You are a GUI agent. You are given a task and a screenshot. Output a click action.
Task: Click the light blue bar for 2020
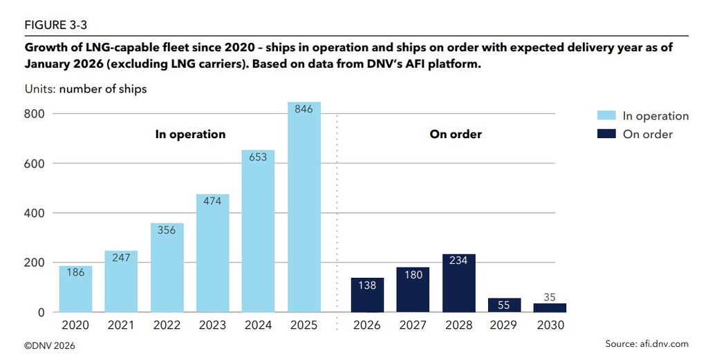pos(75,290)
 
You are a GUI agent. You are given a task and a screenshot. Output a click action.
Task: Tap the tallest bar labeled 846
pos(304,207)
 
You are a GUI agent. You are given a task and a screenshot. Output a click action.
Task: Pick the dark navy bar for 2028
pos(458,283)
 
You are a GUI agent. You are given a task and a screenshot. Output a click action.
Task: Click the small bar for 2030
pos(550,307)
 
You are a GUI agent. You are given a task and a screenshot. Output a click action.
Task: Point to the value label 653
pos(258,157)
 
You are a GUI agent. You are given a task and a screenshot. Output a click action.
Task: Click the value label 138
pos(367,285)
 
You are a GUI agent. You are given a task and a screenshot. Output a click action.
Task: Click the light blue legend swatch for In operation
pos(606,116)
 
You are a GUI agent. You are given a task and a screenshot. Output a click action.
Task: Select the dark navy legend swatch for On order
pos(606,134)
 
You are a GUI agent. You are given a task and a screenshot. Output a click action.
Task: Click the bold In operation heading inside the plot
pos(189,134)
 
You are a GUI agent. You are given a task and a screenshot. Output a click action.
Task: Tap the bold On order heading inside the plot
pos(456,134)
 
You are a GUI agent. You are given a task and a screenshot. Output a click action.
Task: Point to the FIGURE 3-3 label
pos(55,25)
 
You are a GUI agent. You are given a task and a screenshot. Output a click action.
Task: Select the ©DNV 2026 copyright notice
pos(50,344)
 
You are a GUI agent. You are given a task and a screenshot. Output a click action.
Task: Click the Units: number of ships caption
pos(86,89)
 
